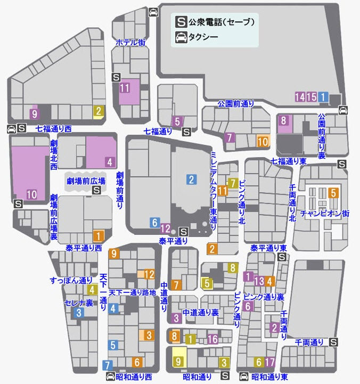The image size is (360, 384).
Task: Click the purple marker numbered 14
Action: pos(300,97)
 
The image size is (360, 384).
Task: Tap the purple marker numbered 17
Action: pos(270,363)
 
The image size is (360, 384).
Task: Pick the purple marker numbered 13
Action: pos(259,281)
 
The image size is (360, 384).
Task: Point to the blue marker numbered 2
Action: pos(191,179)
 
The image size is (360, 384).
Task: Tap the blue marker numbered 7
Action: pos(108,365)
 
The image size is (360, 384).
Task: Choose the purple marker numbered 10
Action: pos(32,195)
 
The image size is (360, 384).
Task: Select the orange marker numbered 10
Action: pos(263,142)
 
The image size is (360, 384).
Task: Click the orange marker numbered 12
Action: pos(150,274)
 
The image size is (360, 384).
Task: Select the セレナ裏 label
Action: pos(79,303)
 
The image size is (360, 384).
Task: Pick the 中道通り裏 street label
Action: pos(200,313)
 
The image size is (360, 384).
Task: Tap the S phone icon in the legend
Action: pos(181,22)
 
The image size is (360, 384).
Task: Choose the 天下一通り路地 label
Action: pos(132,292)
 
